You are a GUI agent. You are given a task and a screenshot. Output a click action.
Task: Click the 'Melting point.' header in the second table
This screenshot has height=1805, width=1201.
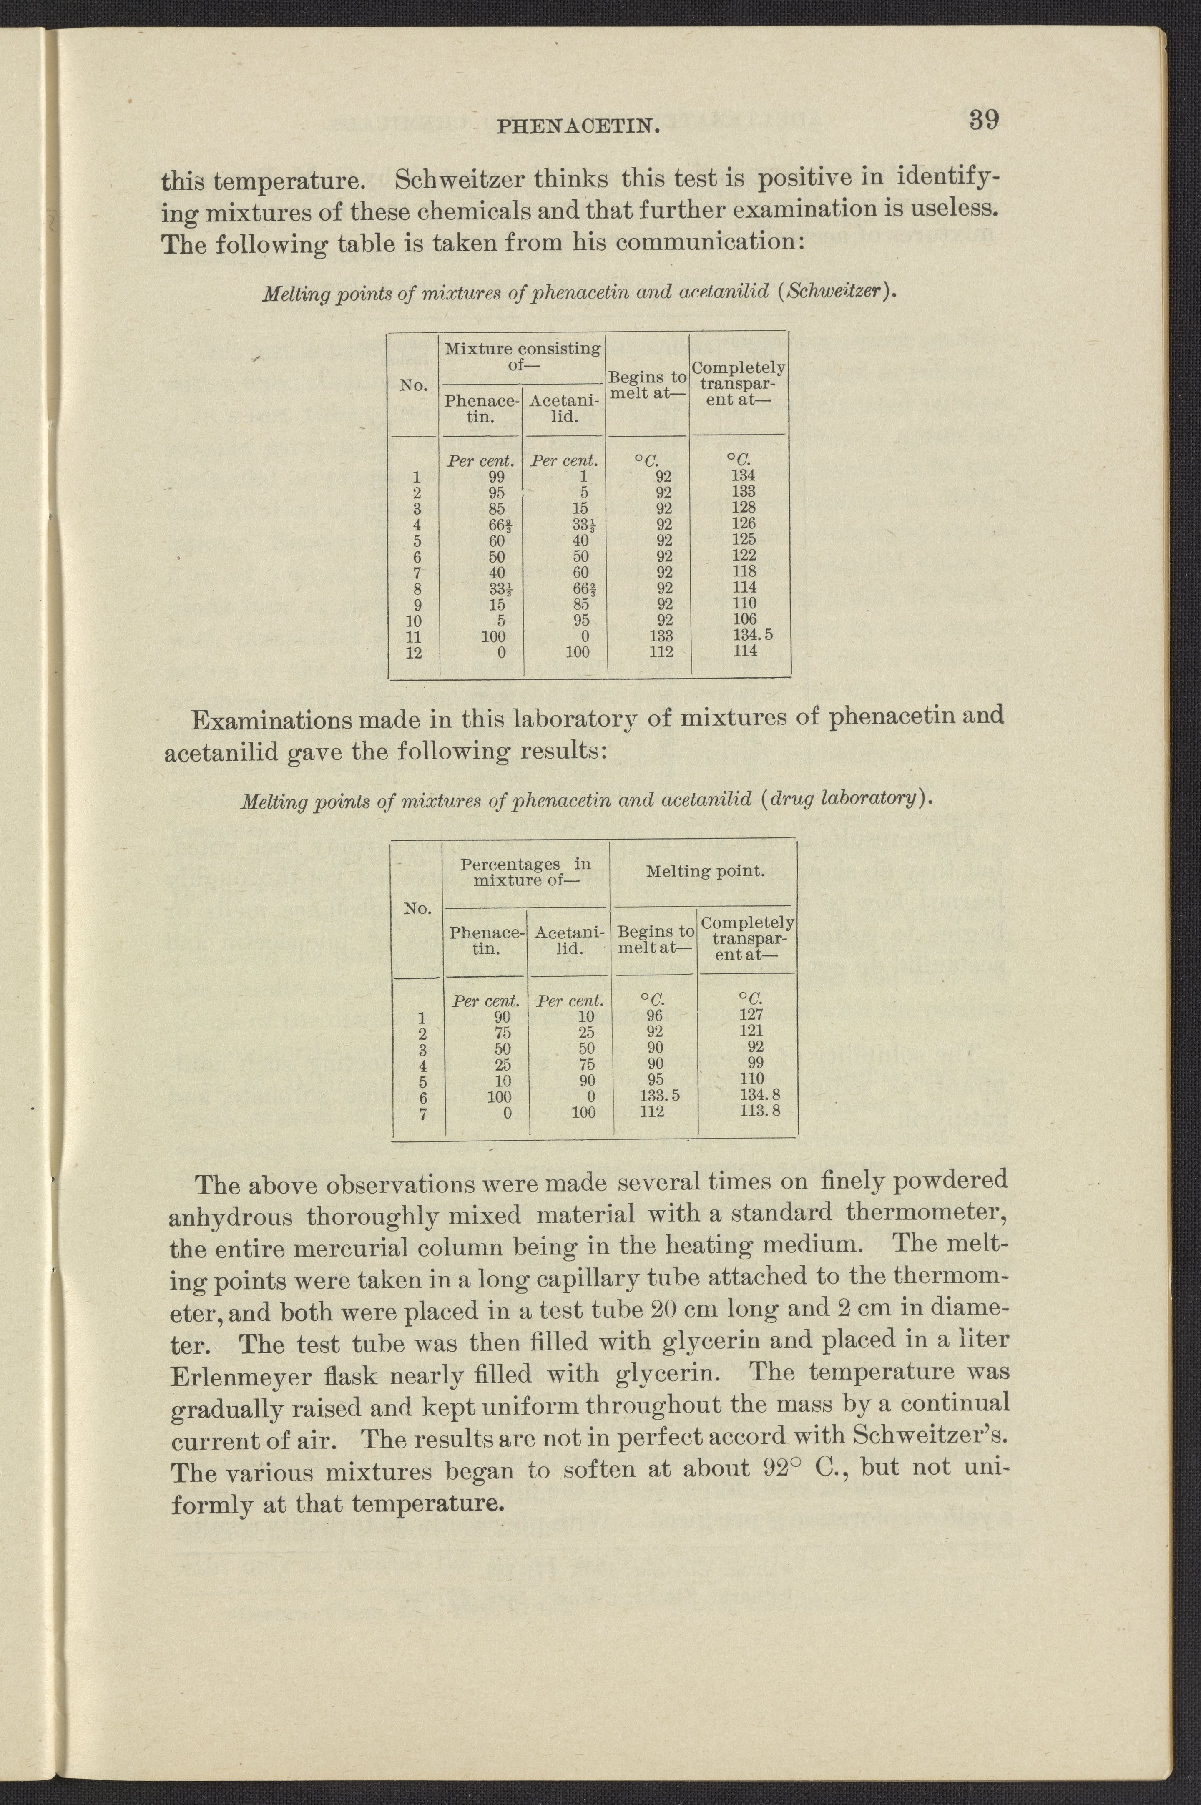tap(705, 871)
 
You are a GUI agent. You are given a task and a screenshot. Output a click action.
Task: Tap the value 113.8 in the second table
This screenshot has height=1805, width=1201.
tap(759, 1111)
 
